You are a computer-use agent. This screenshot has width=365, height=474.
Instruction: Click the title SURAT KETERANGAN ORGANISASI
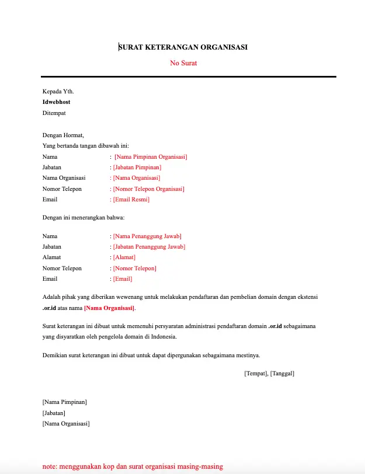tap(183, 47)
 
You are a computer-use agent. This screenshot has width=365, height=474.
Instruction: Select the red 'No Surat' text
tap(183, 62)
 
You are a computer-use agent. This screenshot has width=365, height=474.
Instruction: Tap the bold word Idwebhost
tap(56, 102)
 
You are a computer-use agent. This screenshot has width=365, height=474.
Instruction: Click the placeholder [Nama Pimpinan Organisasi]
tap(151, 157)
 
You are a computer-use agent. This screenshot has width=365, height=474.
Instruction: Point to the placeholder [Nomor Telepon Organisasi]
tap(148, 189)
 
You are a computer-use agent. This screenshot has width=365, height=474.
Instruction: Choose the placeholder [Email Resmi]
tap(131, 200)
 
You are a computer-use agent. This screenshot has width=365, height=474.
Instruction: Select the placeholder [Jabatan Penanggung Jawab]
tap(149, 247)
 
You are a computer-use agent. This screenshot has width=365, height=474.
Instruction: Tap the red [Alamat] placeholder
tap(124, 257)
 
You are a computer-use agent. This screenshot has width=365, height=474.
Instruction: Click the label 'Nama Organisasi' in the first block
tap(64, 178)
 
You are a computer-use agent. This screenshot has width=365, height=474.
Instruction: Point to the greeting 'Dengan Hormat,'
tap(63, 135)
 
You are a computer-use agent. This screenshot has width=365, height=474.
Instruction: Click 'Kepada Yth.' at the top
tap(58, 91)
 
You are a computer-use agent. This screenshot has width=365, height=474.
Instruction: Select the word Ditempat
tap(54, 112)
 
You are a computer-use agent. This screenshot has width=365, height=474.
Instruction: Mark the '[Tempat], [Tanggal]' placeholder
tap(269, 374)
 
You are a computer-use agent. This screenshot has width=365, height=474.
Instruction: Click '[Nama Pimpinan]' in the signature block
tap(64, 402)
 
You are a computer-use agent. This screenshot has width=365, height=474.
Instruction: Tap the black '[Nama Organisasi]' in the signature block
tap(66, 424)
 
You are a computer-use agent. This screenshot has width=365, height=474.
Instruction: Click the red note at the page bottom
tap(133, 466)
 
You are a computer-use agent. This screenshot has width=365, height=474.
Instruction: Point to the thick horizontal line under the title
tap(188, 76)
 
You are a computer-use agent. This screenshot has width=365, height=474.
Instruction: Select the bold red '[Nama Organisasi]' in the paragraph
tap(109, 308)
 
